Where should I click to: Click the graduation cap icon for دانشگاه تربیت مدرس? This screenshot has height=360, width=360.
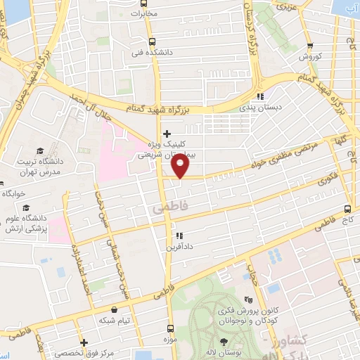coord(40,151)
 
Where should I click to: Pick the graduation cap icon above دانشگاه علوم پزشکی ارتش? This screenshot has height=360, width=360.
coord(26,208)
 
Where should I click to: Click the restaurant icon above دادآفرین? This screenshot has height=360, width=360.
coord(179,236)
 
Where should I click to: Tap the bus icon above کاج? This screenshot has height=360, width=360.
coord(347,209)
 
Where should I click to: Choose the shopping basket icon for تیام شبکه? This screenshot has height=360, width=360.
coord(114,309)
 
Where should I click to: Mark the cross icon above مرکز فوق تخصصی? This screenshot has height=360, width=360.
coord(84,340)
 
